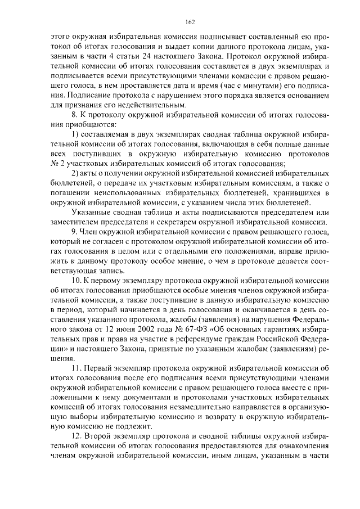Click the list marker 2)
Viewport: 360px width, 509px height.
pyautogui.click(x=76, y=173)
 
